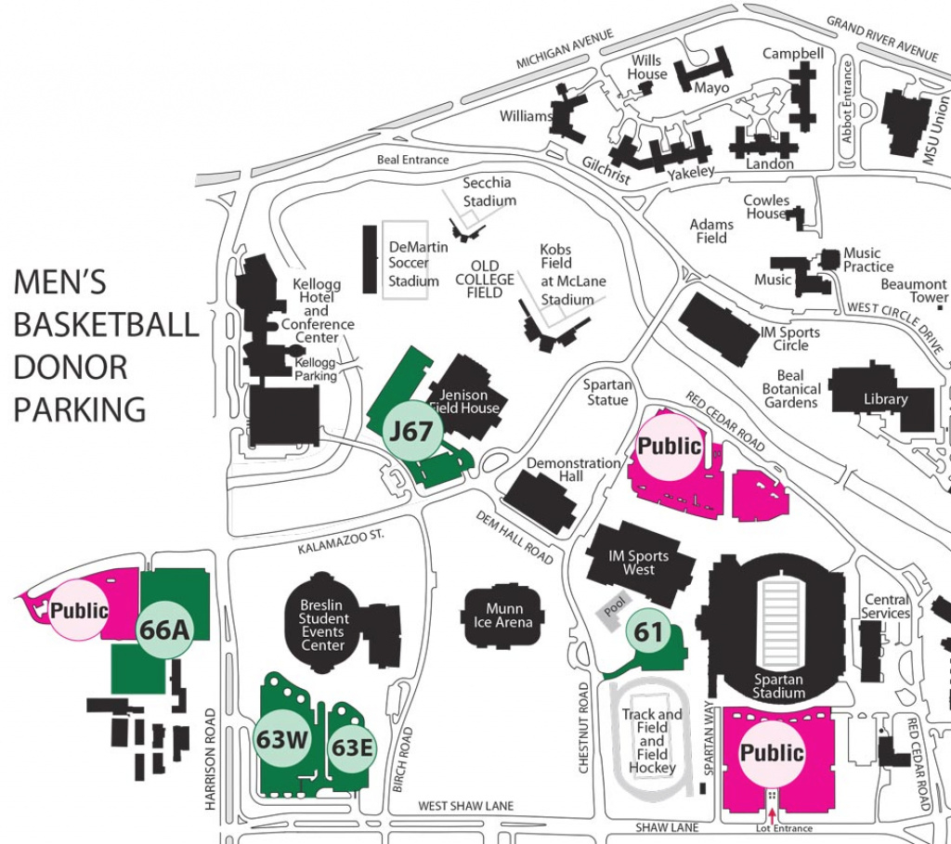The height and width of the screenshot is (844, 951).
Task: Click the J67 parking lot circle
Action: click(413, 432)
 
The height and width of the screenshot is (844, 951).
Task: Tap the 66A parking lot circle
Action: click(164, 630)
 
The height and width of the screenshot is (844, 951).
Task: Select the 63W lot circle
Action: click(281, 740)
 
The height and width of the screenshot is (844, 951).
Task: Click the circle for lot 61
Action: click(649, 633)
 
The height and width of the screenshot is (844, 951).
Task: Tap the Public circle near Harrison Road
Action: click(79, 611)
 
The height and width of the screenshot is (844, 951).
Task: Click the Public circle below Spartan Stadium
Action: click(771, 752)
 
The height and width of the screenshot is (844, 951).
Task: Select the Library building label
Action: click(885, 399)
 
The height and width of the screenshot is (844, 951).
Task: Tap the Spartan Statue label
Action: click(607, 392)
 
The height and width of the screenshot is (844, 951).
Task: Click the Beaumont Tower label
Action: click(914, 291)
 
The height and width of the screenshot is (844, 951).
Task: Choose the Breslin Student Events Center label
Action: click(323, 625)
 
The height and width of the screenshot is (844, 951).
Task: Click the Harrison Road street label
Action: click(211, 760)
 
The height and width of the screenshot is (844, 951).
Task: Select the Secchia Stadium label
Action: click(489, 192)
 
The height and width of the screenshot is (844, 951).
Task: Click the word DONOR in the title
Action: click(71, 367)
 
